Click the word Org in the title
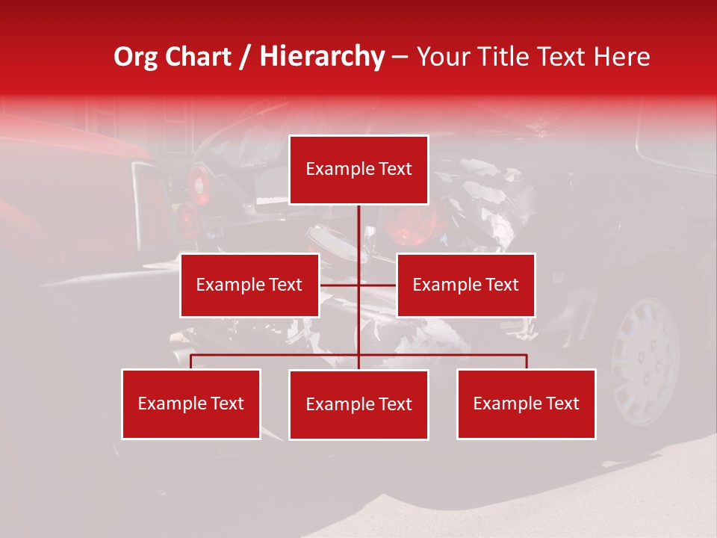click(x=135, y=57)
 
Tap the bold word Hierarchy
click(x=322, y=57)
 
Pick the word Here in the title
click(x=621, y=57)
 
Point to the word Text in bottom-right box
click(x=562, y=403)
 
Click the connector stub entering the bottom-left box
click(x=190, y=362)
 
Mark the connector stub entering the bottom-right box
click(x=527, y=362)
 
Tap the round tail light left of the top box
click(x=198, y=183)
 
